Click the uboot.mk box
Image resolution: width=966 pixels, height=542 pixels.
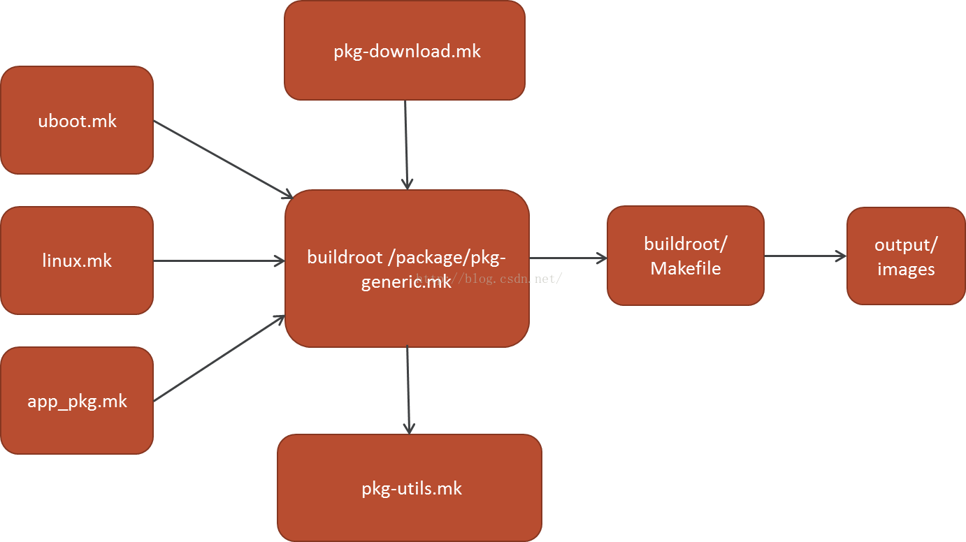(77, 120)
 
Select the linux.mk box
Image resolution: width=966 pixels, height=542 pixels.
(77, 261)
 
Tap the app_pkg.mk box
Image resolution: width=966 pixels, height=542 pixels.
(77, 401)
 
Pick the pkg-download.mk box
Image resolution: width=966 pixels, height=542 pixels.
(405, 50)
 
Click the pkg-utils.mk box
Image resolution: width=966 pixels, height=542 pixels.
(410, 488)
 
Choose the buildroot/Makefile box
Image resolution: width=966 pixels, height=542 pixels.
(685, 256)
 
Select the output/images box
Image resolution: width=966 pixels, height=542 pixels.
(906, 256)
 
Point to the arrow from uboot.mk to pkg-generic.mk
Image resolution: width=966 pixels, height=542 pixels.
(222, 159)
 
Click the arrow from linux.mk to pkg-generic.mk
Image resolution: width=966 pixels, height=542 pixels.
(218, 261)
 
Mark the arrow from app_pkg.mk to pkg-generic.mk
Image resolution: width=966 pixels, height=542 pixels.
(219, 360)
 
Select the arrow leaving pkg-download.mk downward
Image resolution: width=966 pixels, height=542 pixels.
(406, 143)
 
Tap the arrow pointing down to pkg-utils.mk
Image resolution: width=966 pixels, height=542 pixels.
(408, 390)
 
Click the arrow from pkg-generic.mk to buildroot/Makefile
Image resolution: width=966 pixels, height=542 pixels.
(568, 258)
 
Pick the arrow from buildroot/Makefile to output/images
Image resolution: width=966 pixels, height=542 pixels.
(805, 256)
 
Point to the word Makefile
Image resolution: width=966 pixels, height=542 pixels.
(685, 268)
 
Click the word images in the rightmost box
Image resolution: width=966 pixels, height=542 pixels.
(906, 269)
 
